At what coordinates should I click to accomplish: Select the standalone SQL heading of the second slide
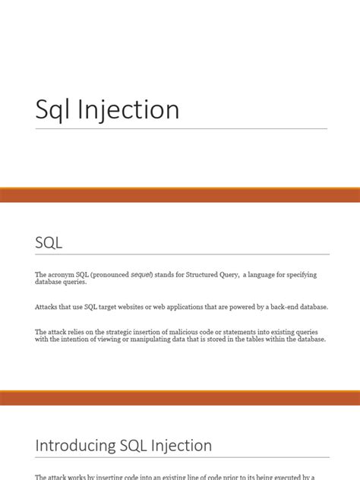pyautogui.click(x=49, y=243)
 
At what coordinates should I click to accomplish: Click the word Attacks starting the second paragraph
pyautogui.click(x=46, y=307)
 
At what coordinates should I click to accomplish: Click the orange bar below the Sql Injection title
pyautogui.click(x=180, y=195)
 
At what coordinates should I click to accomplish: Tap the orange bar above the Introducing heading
pyautogui.click(x=180, y=398)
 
